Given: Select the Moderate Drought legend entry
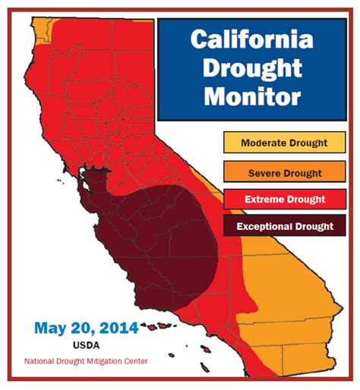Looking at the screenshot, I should click(x=284, y=143).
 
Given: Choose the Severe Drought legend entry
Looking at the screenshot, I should click(x=284, y=173).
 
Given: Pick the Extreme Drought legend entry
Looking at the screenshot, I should click(x=284, y=200).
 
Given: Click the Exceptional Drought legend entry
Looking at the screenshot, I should click(x=284, y=226).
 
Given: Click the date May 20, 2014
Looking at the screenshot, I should click(x=86, y=328).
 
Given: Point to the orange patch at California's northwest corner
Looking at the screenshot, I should click(x=43, y=23).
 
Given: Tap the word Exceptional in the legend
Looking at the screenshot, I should click(x=264, y=226).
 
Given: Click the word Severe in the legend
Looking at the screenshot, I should click(x=264, y=173).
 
